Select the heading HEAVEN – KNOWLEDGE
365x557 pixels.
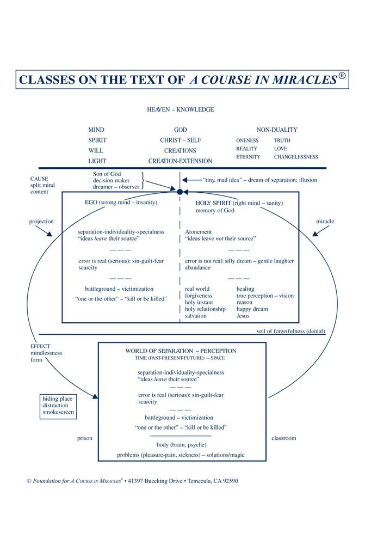click(181, 109)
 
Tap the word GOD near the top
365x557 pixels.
click(181, 130)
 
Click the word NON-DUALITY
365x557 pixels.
click(277, 130)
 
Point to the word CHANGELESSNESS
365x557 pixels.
click(296, 157)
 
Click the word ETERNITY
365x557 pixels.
click(248, 157)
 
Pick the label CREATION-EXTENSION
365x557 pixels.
click(181, 161)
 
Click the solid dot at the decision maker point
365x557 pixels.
click(180, 192)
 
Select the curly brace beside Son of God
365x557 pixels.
click(142, 180)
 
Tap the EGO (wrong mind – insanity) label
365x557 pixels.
click(121, 203)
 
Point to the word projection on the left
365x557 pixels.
click(41, 222)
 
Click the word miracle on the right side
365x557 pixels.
click(325, 222)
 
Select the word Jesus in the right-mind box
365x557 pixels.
click(243, 316)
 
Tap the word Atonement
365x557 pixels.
click(199, 232)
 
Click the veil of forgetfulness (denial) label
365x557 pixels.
click(291, 331)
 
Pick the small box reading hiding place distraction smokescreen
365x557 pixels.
click(57, 406)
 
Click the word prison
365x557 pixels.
click(84, 438)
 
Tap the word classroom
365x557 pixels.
click(283, 438)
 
